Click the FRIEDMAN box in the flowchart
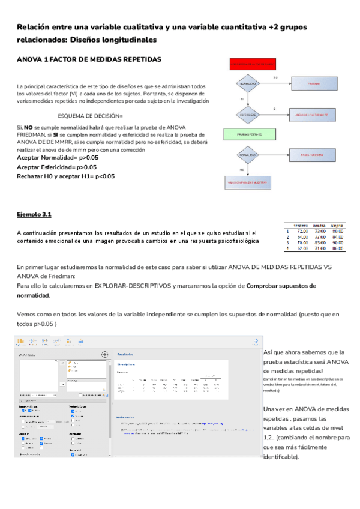tap(314, 85)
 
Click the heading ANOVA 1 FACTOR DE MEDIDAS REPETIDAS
tap(89, 61)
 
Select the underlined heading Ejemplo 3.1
tap(34, 214)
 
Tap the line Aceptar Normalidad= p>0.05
tap(58, 157)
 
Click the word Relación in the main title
tap(34, 28)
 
